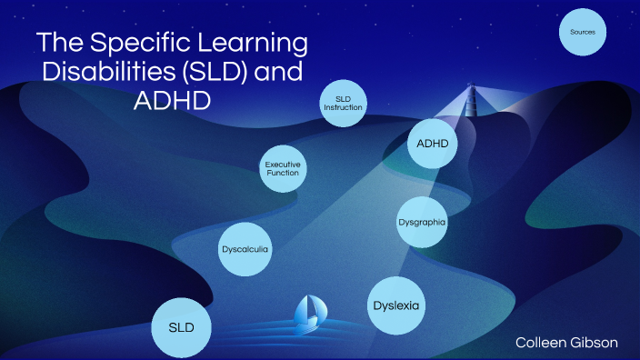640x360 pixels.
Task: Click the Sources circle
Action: pos(583,33)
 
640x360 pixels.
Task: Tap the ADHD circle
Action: pos(432,144)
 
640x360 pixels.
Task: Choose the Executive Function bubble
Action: pos(283,168)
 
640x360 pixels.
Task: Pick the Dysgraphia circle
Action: pos(423,222)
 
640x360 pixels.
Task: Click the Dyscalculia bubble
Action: pos(245,247)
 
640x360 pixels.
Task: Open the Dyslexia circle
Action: pos(396,305)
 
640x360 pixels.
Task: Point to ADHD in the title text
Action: pos(171,100)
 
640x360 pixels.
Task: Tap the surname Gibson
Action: pos(595,342)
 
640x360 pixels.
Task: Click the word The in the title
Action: pos(59,44)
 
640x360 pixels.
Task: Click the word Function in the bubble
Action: pos(283,173)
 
